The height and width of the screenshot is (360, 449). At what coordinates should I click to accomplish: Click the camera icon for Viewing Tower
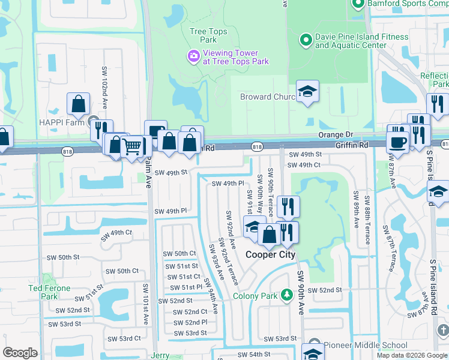tap(193, 56)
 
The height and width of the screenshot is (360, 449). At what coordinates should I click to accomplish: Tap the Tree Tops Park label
tap(203, 35)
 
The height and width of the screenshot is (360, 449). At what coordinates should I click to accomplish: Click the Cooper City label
tap(271, 254)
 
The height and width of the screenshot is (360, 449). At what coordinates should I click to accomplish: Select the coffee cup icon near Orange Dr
tap(397, 142)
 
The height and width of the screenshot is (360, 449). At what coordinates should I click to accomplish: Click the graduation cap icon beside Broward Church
tap(308, 92)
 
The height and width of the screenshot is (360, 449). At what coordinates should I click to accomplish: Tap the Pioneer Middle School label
tap(366, 345)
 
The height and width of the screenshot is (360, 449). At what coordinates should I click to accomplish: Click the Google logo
tap(20, 353)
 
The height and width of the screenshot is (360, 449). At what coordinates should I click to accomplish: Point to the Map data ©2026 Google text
tap(412, 355)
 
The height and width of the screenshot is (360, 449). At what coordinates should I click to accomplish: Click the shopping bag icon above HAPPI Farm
tap(79, 104)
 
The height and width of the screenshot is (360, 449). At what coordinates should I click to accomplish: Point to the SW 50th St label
tap(64, 257)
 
